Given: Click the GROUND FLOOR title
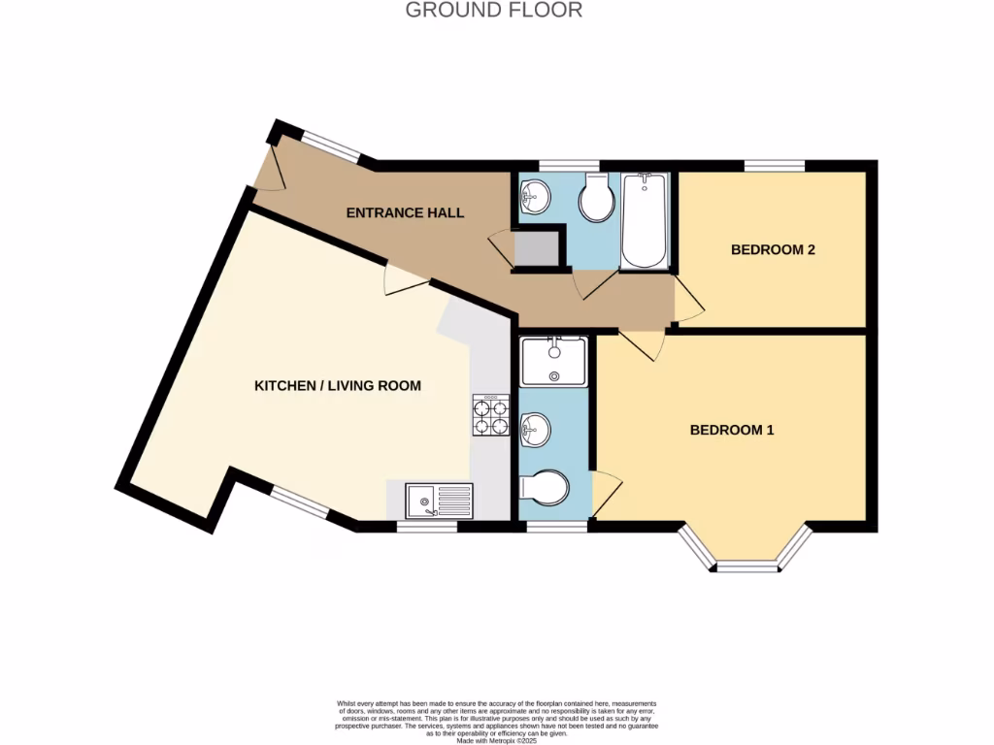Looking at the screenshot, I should click(x=493, y=11).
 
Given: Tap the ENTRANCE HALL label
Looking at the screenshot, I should click(x=405, y=212).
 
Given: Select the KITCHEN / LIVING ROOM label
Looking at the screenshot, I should click(x=337, y=386).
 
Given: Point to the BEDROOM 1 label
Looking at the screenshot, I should click(x=731, y=430).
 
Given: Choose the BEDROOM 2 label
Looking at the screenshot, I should click(x=772, y=249).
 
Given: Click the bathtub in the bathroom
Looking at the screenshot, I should click(x=644, y=221).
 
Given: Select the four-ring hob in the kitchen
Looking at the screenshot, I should click(x=490, y=415).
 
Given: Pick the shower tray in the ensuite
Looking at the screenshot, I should click(x=553, y=361).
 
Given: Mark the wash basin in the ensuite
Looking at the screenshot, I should click(x=534, y=428).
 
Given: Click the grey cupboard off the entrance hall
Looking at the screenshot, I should click(x=536, y=248).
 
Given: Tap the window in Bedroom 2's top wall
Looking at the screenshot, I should click(x=775, y=166).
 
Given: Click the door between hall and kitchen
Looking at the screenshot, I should click(x=404, y=280).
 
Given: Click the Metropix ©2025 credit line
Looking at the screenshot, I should click(x=497, y=740).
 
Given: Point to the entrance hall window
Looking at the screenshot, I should click(x=330, y=146).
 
